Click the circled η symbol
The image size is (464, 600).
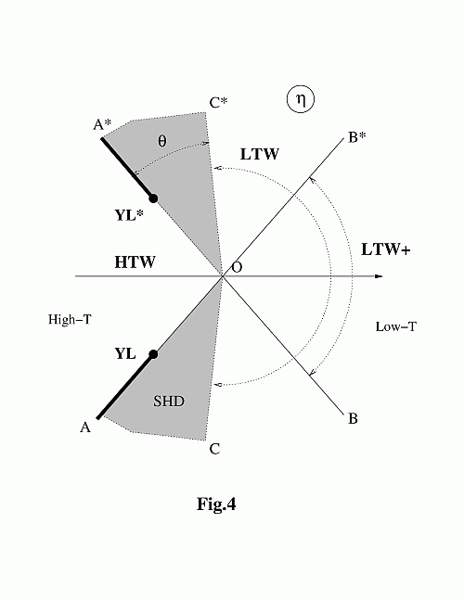301,99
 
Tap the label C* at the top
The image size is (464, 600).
218,103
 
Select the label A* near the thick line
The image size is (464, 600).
102,124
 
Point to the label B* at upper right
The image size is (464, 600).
356,137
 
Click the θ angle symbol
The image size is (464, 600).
162,141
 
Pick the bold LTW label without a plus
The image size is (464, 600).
260,154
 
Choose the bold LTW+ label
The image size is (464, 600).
386,249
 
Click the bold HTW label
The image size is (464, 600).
135,262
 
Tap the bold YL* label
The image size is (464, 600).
129,215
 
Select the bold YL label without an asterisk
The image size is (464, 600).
125,353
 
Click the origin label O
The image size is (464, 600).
238,267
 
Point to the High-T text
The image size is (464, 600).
70,319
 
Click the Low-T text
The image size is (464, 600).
395,326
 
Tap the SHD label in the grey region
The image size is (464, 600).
169,401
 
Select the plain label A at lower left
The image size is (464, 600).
85,427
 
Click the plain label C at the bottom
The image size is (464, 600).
214,449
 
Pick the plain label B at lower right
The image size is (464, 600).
353,418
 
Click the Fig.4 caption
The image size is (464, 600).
216,504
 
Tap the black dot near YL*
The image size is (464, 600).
153,198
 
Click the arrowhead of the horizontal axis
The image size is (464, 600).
379,276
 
